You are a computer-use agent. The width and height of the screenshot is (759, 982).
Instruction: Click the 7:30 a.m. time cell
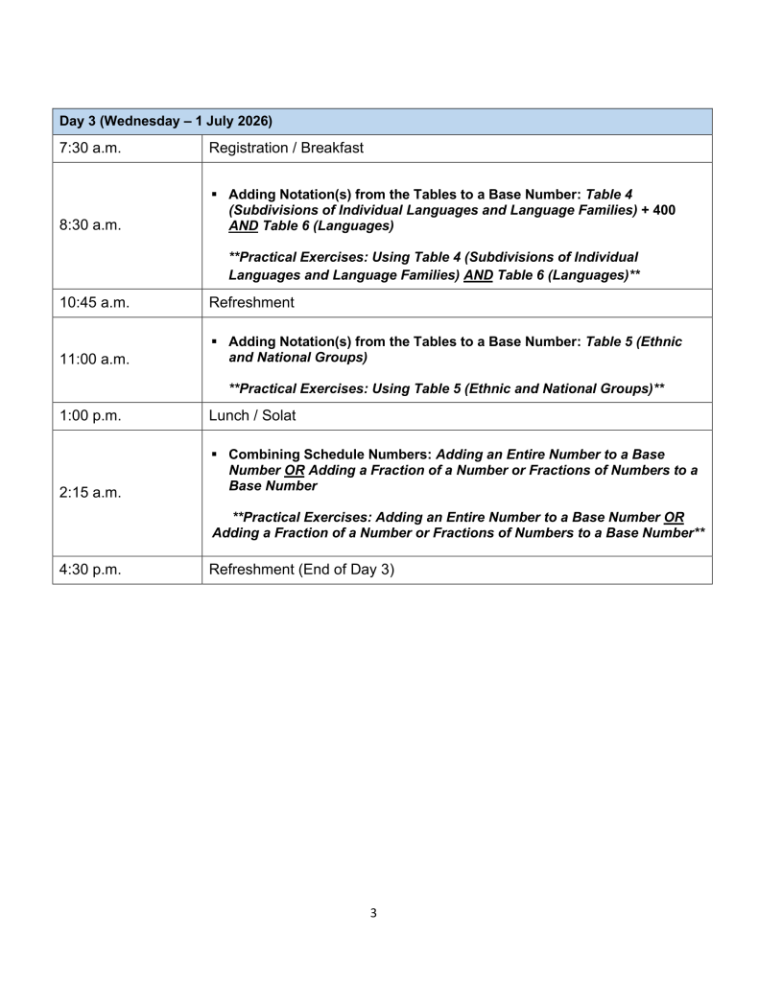pyautogui.click(x=86, y=149)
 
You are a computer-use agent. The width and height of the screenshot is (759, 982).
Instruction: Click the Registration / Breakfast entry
pyautogui.click(x=286, y=149)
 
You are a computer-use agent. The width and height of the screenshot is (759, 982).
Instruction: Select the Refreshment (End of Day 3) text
pyautogui.click(x=301, y=570)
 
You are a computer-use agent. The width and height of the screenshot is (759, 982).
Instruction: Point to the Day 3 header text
pyautogui.click(x=165, y=121)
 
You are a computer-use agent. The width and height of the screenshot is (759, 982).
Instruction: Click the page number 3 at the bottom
pyautogui.click(x=373, y=912)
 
